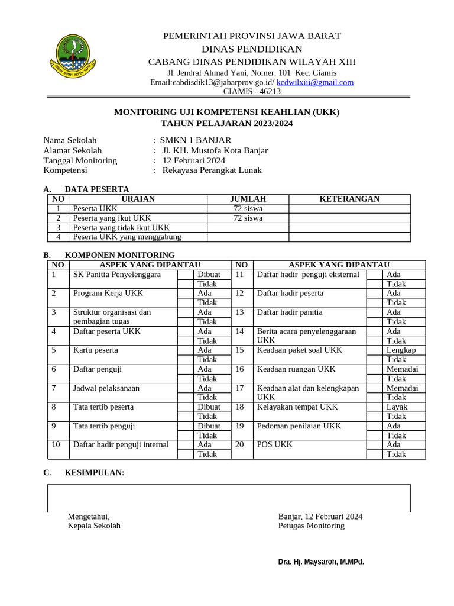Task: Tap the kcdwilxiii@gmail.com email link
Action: pos(314,82)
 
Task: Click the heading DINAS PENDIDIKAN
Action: pos(252,49)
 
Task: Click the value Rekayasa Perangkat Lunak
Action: pos(212,170)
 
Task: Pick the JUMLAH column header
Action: pos(248,199)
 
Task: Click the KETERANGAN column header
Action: pos(349,199)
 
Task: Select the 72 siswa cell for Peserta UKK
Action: pos(248,208)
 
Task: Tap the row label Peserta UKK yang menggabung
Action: pos(127,237)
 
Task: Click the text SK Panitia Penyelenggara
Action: pos(116,275)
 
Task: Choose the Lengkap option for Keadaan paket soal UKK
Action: pos(401,350)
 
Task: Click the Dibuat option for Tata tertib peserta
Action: pos(209,407)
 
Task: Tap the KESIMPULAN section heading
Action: pos(95,472)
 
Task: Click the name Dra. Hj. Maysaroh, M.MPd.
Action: pos(321,562)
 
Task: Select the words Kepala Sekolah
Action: pos(94,526)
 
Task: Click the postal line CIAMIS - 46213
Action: pos(252,91)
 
